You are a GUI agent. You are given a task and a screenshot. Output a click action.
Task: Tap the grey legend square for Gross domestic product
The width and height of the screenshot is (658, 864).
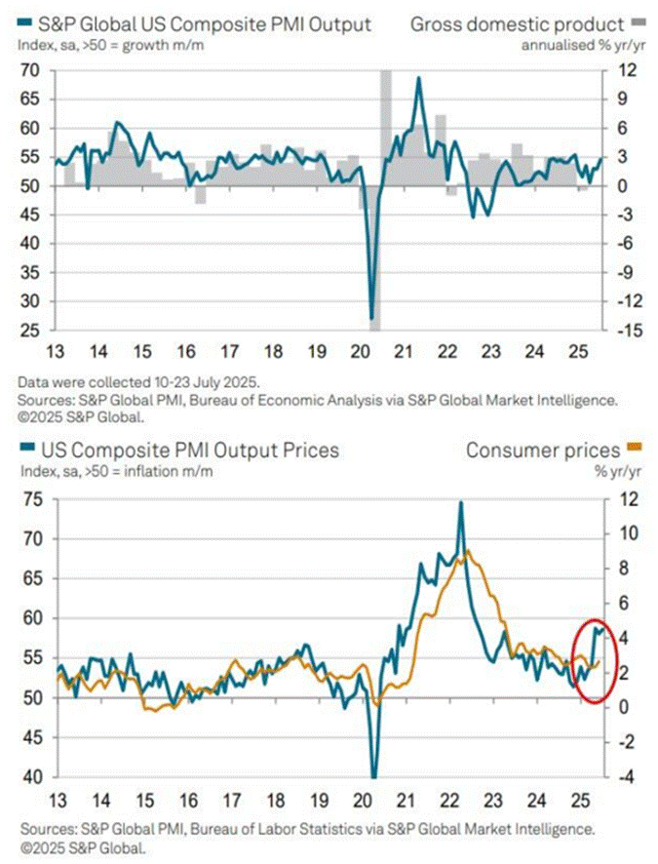click(639, 22)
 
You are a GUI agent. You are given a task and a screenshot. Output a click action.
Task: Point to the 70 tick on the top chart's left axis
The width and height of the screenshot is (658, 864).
click(30, 70)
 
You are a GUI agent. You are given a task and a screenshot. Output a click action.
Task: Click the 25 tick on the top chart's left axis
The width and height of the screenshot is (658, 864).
click(30, 331)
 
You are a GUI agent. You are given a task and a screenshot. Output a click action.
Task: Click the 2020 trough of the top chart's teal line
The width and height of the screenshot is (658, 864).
click(372, 318)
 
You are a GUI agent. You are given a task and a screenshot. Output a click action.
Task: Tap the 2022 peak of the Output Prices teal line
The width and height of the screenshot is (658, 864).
click(460, 502)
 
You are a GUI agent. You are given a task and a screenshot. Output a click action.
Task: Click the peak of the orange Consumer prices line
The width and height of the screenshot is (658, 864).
click(470, 552)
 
